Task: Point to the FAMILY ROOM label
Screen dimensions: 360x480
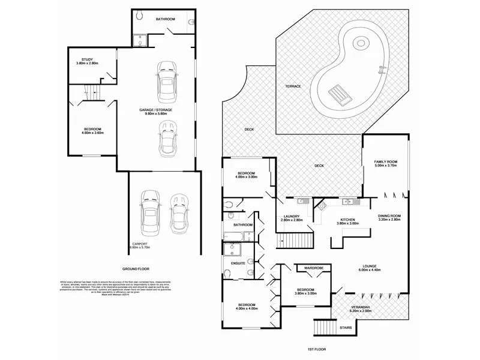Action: [x=386, y=162]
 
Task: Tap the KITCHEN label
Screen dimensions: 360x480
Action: [x=349, y=220]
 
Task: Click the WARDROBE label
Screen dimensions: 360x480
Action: [x=314, y=268]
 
